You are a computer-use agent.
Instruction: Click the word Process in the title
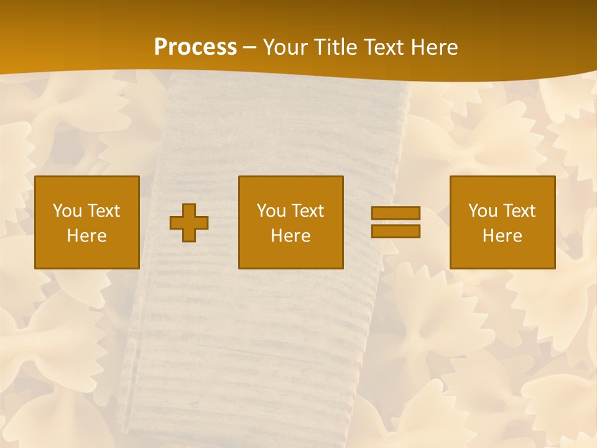195,47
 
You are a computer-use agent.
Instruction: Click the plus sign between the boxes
189,223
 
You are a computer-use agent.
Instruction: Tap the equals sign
396,222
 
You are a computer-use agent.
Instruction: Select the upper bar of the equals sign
396,213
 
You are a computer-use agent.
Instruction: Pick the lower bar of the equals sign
396,231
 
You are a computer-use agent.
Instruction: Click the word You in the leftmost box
67,211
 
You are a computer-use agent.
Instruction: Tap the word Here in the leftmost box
87,236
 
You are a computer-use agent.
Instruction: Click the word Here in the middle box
291,236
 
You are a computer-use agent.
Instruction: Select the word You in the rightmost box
483,211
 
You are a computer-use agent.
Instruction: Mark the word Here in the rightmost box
502,236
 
